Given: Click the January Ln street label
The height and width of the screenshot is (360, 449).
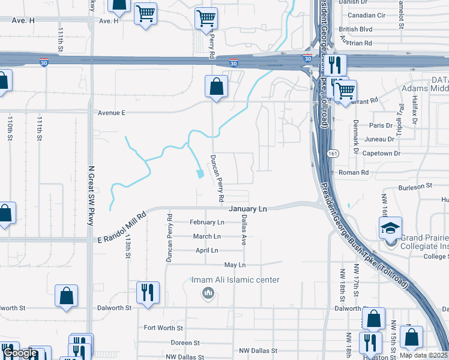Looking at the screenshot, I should point(247,209).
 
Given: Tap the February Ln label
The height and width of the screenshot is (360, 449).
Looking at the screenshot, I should point(206,222).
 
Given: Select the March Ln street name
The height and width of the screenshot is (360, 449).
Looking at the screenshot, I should point(207,236).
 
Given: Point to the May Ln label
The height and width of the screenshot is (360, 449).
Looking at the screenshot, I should point(235,265).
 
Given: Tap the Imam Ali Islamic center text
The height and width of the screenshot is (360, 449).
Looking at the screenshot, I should point(235,280).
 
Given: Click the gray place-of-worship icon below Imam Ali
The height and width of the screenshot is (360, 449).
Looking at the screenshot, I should point(208,293).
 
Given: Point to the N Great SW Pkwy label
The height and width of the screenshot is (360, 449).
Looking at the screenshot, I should point(91,196).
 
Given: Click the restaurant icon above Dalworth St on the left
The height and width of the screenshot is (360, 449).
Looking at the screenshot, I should point(148,292).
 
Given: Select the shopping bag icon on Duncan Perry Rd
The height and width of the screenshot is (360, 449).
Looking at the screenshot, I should point(216,86).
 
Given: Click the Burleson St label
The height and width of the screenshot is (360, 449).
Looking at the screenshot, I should point(416,186).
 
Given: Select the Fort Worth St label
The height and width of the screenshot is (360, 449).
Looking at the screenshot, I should point(163,328).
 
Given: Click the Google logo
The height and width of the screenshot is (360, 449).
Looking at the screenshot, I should point(21,353).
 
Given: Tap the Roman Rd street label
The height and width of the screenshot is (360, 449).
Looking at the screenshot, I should point(353,172).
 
